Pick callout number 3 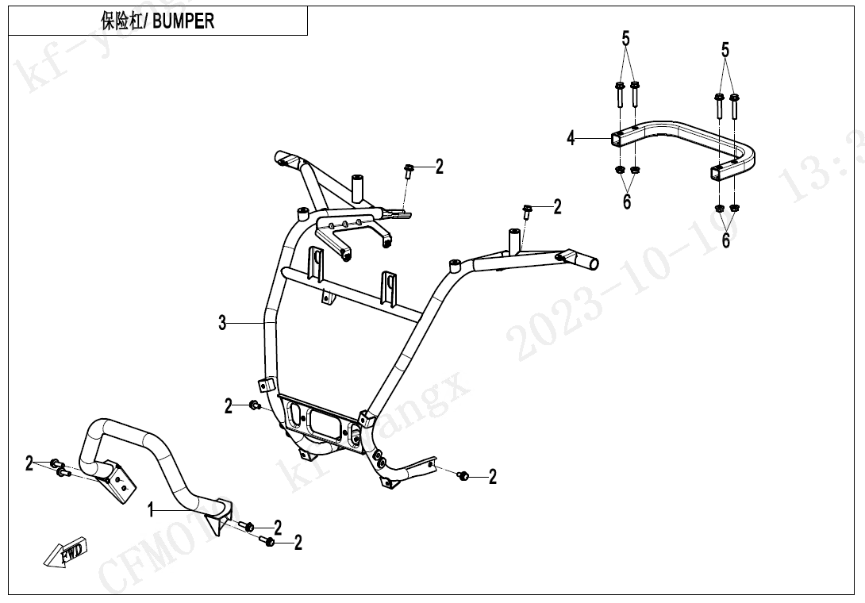(x=223, y=322)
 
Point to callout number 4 (x=571, y=139)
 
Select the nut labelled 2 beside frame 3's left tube (x=254, y=406)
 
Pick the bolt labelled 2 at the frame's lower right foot (x=465, y=474)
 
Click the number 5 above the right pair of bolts (x=725, y=50)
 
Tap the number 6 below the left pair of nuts (x=627, y=202)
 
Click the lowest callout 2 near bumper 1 (x=298, y=543)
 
